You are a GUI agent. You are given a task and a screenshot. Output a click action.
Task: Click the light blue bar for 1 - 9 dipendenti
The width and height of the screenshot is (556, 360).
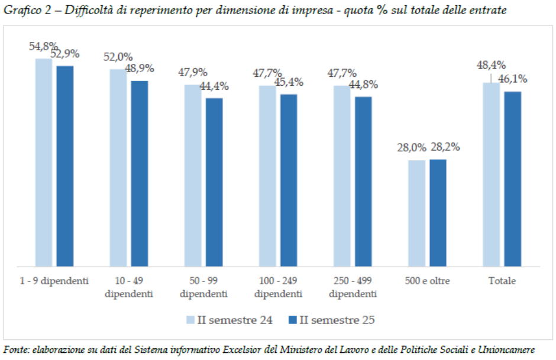tap(44, 163)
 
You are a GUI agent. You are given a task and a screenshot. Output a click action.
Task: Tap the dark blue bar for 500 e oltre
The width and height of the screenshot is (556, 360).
tap(438, 213)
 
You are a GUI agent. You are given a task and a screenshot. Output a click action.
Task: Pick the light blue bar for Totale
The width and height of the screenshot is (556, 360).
tap(491, 174)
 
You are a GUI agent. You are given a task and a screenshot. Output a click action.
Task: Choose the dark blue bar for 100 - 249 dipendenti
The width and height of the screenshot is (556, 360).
tap(289, 180)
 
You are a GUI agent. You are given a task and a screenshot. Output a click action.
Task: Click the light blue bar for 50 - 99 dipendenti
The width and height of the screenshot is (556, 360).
tap(193, 176)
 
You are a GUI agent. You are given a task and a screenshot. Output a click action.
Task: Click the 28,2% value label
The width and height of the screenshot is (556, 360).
tap(445, 147)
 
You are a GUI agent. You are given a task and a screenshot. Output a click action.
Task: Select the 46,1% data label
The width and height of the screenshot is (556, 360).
tap(512, 79)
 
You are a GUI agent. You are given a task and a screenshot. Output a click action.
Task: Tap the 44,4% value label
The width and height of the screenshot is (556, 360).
tap(214, 86)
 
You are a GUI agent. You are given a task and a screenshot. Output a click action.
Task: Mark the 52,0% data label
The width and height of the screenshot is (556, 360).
tap(118, 57)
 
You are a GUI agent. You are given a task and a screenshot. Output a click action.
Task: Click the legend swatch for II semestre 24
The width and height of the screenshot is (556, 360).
tap(190, 320)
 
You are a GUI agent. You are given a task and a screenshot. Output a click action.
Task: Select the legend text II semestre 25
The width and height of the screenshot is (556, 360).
tap(337, 320)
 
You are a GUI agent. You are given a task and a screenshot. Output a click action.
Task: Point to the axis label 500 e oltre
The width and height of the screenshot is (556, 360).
tap(427, 281)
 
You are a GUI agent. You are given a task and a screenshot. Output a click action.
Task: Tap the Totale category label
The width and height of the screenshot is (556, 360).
tap(502, 281)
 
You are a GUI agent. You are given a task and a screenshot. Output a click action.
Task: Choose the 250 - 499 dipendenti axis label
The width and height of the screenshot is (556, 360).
tap(353, 287)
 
